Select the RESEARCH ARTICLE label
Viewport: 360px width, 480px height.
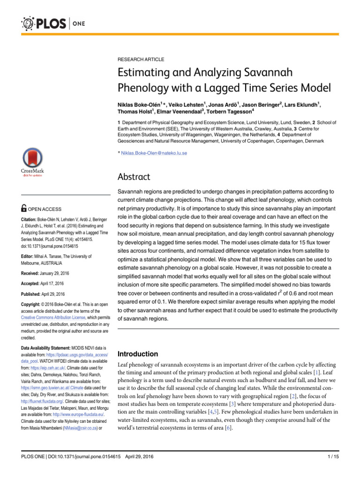(x=141, y=60)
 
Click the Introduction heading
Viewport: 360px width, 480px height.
(x=139, y=353)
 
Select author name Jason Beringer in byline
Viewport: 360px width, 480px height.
(x=260, y=104)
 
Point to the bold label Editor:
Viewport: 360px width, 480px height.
(x=29, y=256)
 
